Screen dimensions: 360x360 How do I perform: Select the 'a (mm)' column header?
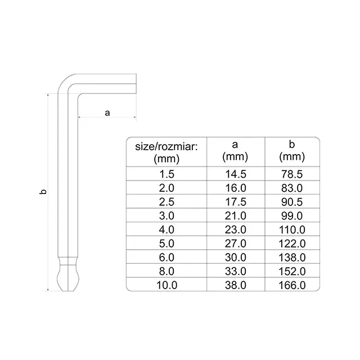pyautogui.click(x=235, y=151)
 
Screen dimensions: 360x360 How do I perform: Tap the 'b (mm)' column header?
pyautogui.click(x=292, y=151)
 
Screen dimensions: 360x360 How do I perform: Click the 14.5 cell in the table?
pyautogui.click(x=236, y=174)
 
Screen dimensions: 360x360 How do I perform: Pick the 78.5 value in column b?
pyautogui.click(x=292, y=174)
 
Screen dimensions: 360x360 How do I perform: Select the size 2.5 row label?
pyautogui.click(x=166, y=202)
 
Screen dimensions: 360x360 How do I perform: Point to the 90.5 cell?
pyautogui.click(x=292, y=202)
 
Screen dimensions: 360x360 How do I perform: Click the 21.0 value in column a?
pyautogui.click(x=236, y=216)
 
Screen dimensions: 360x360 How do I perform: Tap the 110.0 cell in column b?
pyautogui.click(x=292, y=230)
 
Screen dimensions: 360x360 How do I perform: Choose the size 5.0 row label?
pyautogui.click(x=166, y=244)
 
